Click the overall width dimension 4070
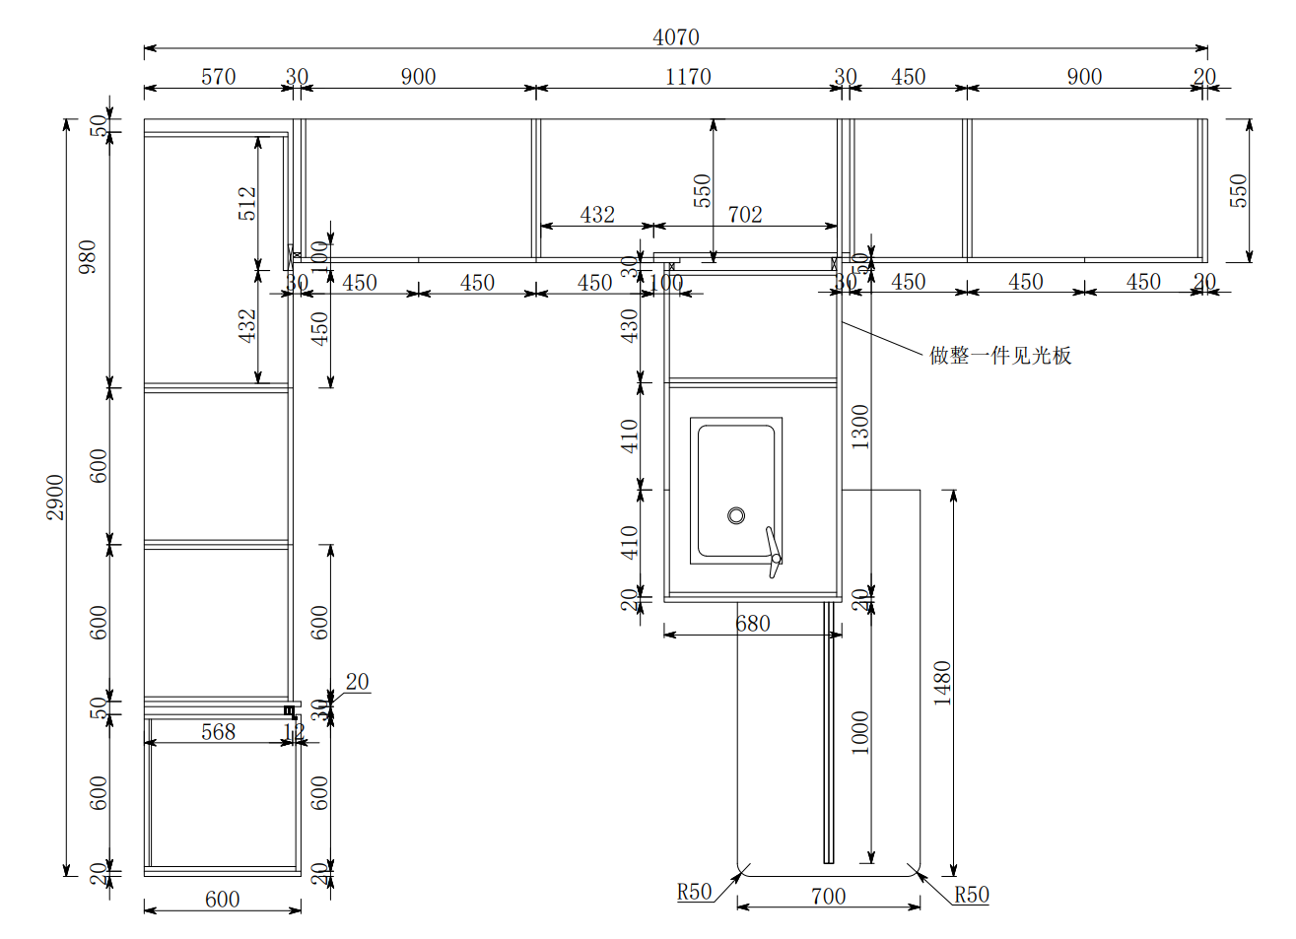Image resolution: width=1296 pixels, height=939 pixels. click(676, 37)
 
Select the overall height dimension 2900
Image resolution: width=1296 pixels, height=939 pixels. click(55, 497)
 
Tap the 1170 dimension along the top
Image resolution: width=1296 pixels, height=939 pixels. click(688, 77)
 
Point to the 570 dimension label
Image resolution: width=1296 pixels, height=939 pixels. click(218, 77)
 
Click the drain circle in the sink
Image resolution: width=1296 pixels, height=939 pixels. click(736, 515)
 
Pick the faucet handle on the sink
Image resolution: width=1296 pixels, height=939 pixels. click(774, 552)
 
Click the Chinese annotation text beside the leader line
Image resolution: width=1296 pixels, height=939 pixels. click(1000, 356)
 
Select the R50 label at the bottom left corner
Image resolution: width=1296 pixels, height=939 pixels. click(694, 892)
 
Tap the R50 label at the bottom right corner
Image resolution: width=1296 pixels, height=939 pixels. click(971, 895)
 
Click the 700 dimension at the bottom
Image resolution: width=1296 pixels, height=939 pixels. click(828, 896)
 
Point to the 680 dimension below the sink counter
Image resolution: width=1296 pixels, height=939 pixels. click(752, 624)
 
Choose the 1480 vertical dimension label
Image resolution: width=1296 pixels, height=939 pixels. click(942, 682)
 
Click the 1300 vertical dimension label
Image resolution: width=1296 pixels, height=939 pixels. click(860, 426)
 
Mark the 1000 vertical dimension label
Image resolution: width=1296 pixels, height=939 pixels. click(860, 732)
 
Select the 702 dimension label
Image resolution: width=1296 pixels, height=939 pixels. click(745, 215)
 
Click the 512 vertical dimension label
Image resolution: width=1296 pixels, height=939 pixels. click(247, 203)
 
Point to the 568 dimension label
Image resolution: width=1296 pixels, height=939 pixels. click(218, 732)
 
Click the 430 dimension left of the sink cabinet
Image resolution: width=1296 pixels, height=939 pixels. click(630, 325)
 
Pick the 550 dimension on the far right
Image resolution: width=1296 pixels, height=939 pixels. click(1238, 190)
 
